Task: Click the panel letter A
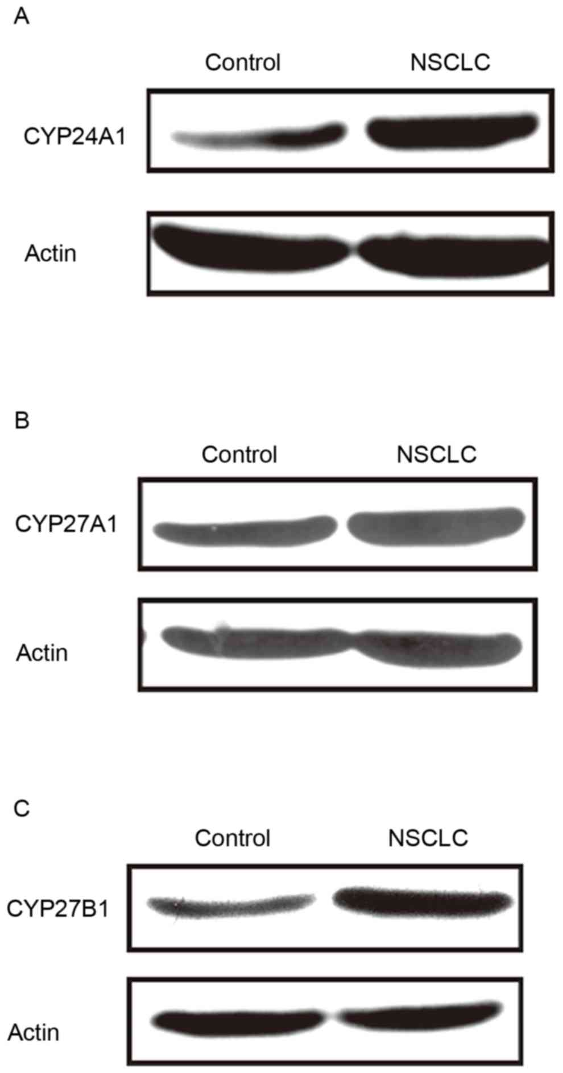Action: [21, 16]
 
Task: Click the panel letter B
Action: [21, 421]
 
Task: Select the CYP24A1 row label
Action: [74, 137]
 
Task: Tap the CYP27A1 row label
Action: [66, 524]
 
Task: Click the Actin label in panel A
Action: [50, 253]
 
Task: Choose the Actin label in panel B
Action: [42, 653]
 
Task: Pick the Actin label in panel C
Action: [34, 1032]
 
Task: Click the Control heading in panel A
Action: [243, 63]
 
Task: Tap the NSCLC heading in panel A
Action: [450, 62]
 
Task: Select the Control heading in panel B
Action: [239, 455]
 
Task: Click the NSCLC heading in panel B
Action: [436, 454]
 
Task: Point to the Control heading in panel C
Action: [233, 838]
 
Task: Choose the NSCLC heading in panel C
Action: [428, 838]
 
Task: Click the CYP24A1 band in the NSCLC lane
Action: [452, 132]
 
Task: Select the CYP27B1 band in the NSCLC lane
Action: [423, 903]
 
